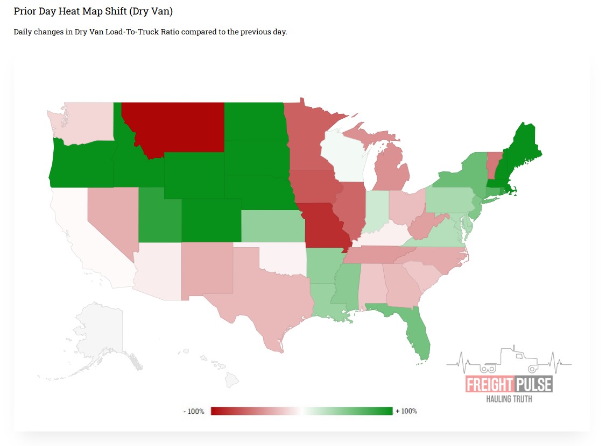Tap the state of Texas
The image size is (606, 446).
tap(269, 296)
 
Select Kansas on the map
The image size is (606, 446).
tap(272, 226)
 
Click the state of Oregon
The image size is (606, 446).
tap(81, 164)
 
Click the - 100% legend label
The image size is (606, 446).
tap(194, 412)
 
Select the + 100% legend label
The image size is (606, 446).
tap(406, 412)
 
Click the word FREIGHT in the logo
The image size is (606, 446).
tap(489, 385)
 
